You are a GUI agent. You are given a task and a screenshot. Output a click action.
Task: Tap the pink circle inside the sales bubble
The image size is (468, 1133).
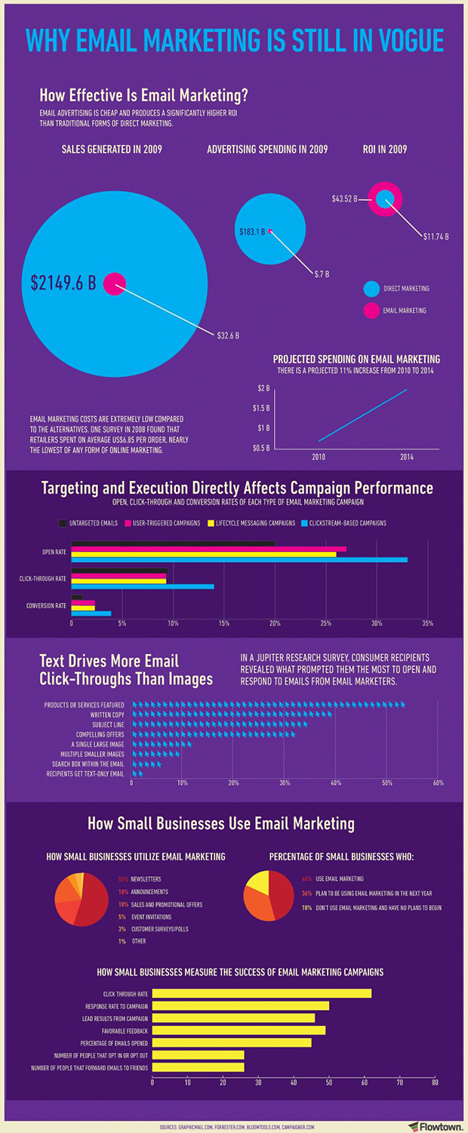coord(114,283)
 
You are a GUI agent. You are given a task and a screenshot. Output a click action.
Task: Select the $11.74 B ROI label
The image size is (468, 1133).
coord(436,236)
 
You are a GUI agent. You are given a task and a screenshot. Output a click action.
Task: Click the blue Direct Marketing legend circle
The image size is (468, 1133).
coord(371,289)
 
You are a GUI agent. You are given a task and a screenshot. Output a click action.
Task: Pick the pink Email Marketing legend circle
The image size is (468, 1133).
coord(371,310)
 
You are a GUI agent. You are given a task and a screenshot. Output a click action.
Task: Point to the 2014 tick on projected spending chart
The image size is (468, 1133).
coord(407,456)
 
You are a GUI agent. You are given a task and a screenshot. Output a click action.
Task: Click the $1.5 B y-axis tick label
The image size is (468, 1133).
coord(260,408)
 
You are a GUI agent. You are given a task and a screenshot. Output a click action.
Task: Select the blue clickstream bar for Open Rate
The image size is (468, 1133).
coord(239,560)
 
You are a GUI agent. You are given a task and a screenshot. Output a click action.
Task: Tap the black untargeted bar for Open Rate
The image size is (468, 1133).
coord(173,543)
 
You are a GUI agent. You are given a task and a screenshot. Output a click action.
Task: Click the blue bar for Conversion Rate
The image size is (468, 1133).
coord(91,613)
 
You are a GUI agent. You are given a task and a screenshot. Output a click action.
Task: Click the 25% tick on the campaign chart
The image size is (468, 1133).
coord(325,623)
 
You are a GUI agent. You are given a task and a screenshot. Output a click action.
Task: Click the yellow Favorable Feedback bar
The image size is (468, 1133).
coord(239,1030)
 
